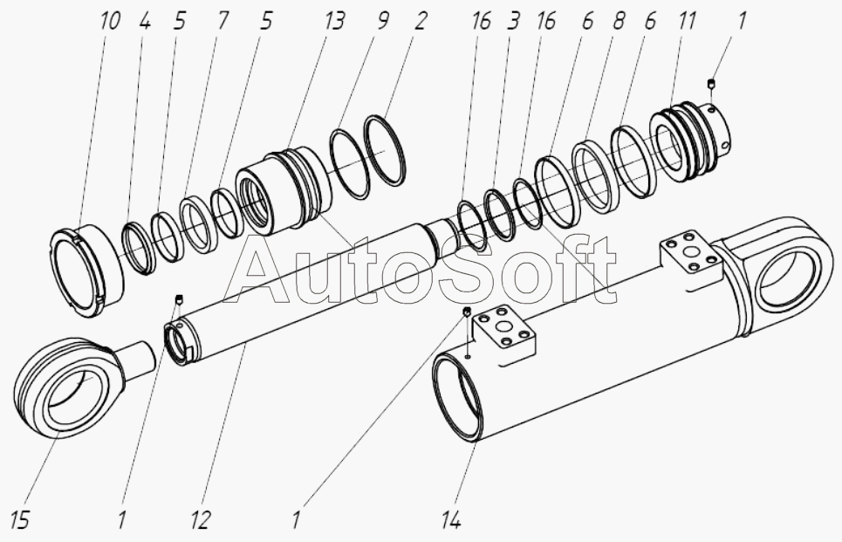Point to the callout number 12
[201, 520]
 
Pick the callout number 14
[451, 520]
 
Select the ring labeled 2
[385, 150]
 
